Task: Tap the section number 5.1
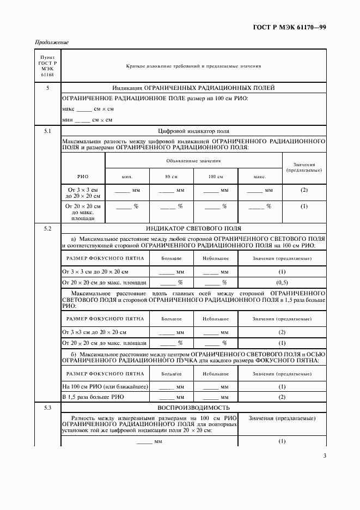(47, 131)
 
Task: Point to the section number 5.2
(47, 228)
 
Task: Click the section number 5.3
(47, 408)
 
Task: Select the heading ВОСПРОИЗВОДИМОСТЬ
(193, 408)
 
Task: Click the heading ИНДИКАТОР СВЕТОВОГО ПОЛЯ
(193, 228)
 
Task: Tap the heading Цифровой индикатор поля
(193, 131)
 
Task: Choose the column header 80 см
(171, 177)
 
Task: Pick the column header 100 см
(215, 177)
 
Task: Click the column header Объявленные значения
(193, 161)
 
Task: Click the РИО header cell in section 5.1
(82, 177)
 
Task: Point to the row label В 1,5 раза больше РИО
(90, 397)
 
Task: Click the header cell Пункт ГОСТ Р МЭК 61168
(47, 66)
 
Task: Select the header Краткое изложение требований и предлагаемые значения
(193, 66)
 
